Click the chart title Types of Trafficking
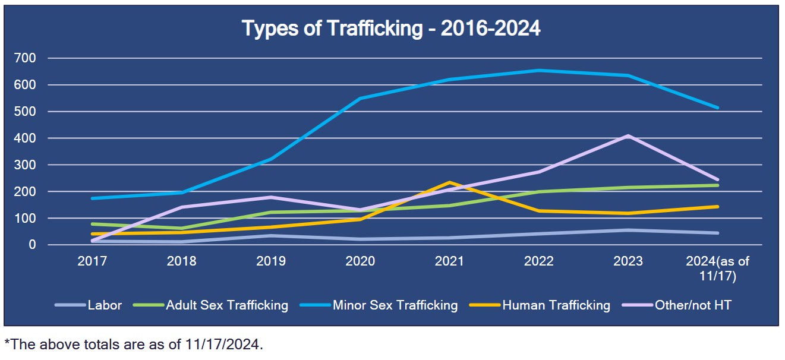[391, 29]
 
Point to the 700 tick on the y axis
[27, 58]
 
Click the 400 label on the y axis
[27, 138]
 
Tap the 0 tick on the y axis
[33, 245]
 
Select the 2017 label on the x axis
[92, 261]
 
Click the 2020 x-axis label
[360, 261]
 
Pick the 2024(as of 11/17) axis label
[718, 269]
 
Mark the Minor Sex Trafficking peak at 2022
[539, 70]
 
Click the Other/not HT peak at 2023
[628, 136]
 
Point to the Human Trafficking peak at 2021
[449, 182]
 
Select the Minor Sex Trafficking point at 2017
[92, 198]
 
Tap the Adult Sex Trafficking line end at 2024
[718, 185]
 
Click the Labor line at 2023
[628, 230]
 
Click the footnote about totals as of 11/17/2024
[134, 344]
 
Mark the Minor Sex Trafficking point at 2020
[360, 99]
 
